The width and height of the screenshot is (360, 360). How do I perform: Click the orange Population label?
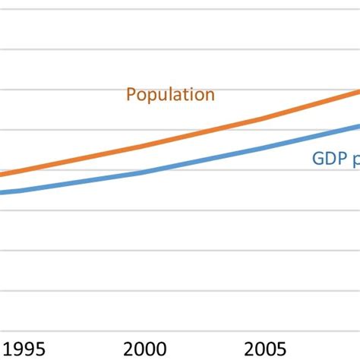coord(170,95)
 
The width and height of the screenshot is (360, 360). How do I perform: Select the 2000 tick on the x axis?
coord(144,349)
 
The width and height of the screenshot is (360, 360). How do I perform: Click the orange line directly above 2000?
coord(144,146)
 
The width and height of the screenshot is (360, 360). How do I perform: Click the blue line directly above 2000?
coord(144,172)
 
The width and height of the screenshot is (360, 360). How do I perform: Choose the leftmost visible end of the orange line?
coord(2,175)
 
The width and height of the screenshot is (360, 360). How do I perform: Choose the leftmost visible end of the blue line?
coord(2,192)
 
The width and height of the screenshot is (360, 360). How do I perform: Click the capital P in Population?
coord(131,95)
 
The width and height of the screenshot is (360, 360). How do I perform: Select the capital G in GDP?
coord(318,160)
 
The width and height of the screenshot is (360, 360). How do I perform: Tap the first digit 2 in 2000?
coord(127,349)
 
